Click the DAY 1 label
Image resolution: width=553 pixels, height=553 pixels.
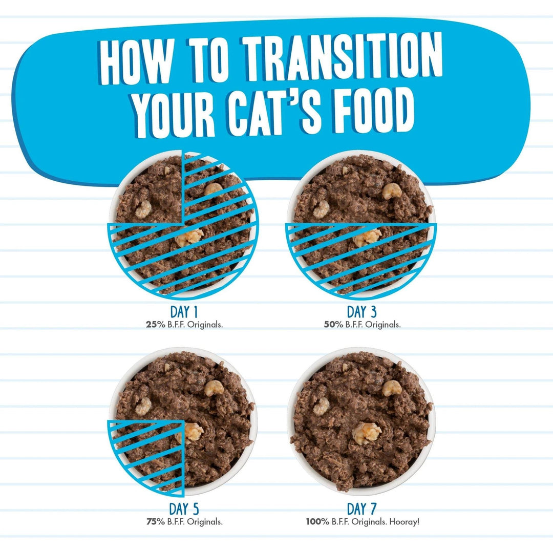(x=184, y=312)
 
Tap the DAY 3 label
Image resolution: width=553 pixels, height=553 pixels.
(x=362, y=312)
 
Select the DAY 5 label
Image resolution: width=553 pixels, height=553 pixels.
(x=184, y=508)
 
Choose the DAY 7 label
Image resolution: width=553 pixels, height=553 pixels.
(x=362, y=508)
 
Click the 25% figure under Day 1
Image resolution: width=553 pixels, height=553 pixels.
(x=155, y=325)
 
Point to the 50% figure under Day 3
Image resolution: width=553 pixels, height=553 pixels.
(x=333, y=325)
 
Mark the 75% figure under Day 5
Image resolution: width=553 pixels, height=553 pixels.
(x=155, y=521)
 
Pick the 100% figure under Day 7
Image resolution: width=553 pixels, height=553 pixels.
(x=317, y=521)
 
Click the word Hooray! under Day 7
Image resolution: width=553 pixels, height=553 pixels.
(x=405, y=522)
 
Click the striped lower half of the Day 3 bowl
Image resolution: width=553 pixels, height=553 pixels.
(x=361, y=259)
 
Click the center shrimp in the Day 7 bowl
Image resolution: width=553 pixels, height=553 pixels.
(x=367, y=433)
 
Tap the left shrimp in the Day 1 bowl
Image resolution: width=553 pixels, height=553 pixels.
(x=143, y=209)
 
